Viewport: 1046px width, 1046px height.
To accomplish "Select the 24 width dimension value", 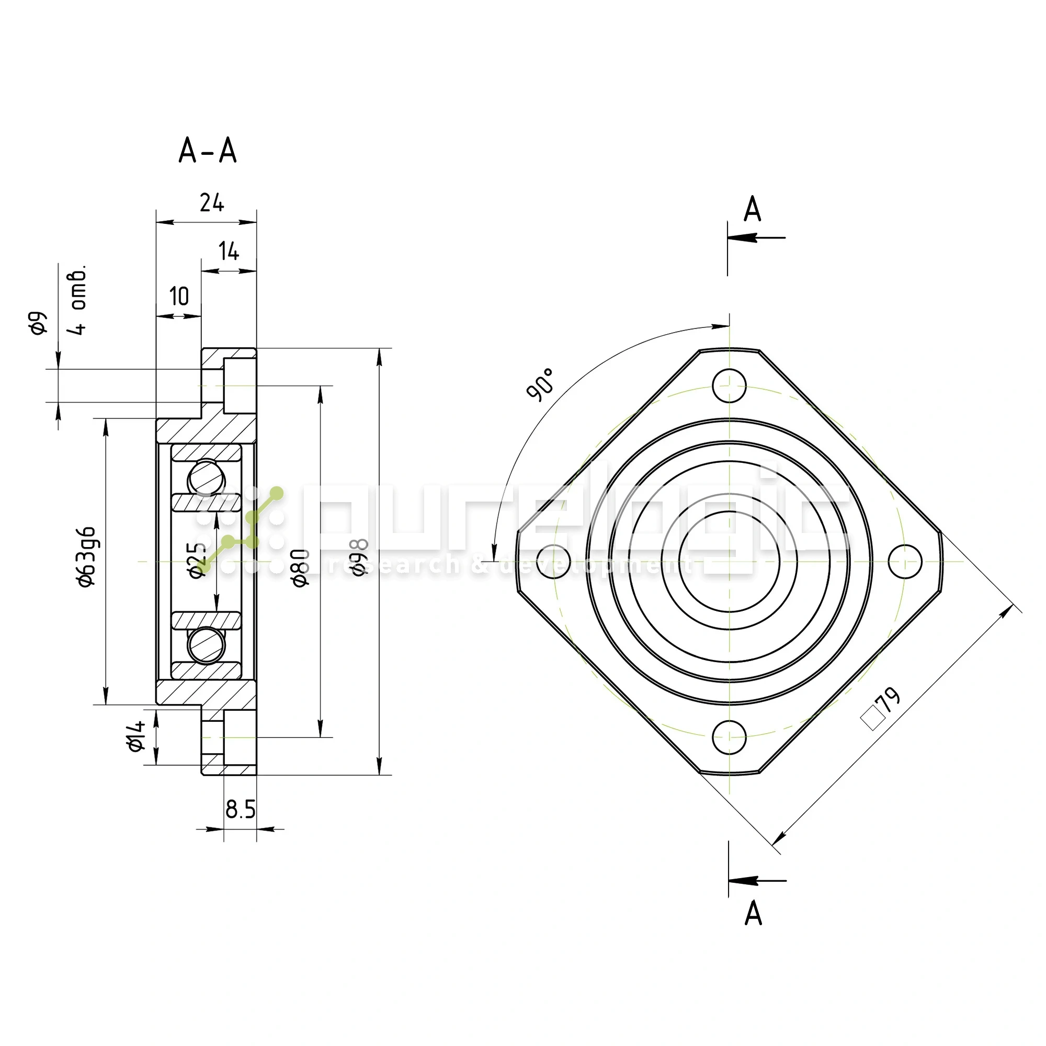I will click(x=211, y=202).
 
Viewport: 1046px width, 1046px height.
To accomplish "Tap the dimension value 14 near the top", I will click(x=229, y=251).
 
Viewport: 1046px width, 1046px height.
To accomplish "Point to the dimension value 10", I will click(x=179, y=296).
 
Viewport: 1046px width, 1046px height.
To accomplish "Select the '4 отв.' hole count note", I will click(x=79, y=301).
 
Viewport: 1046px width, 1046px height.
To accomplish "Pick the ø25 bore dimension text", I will click(x=198, y=560).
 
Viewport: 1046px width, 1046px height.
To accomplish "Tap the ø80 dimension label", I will click(x=301, y=567).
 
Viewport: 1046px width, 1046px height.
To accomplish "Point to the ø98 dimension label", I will click(x=359, y=558).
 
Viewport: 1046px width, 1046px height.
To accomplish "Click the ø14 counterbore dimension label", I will click(x=137, y=736).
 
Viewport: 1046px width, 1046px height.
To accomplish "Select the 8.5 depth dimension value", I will click(x=241, y=810).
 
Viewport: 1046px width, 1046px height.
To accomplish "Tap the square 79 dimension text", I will click(x=881, y=708).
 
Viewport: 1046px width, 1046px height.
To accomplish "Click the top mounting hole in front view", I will click(x=729, y=385).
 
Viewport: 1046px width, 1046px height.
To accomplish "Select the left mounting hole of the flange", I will click(x=553, y=561).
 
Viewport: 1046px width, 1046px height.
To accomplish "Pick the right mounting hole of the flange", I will click(x=905, y=561).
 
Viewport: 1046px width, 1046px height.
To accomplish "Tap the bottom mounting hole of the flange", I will click(x=729, y=737).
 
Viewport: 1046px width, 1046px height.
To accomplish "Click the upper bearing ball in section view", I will click(x=206, y=478).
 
